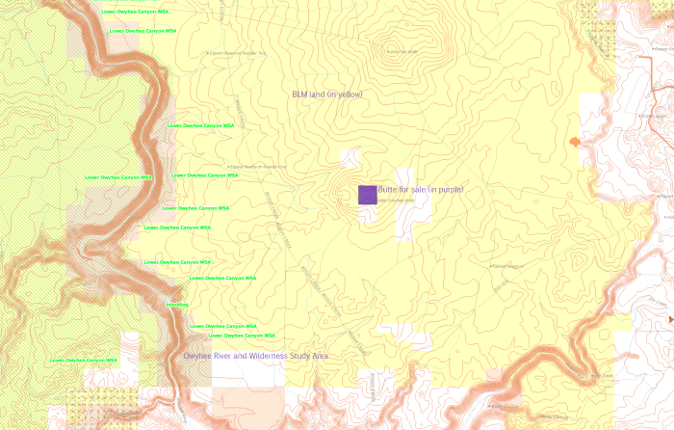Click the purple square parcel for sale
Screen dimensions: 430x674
tap(368, 195)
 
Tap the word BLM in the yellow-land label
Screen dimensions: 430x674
tap(300, 94)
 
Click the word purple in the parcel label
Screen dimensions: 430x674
tap(450, 190)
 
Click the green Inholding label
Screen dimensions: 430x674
tap(177, 305)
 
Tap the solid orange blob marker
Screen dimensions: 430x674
tap(575, 142)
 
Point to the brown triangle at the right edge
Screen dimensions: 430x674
tap(669, 317)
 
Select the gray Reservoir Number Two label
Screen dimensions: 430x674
tap(237, 54)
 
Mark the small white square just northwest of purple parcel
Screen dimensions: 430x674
tap(353, 157)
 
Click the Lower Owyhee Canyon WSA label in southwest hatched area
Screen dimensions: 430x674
tap(83, 361)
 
